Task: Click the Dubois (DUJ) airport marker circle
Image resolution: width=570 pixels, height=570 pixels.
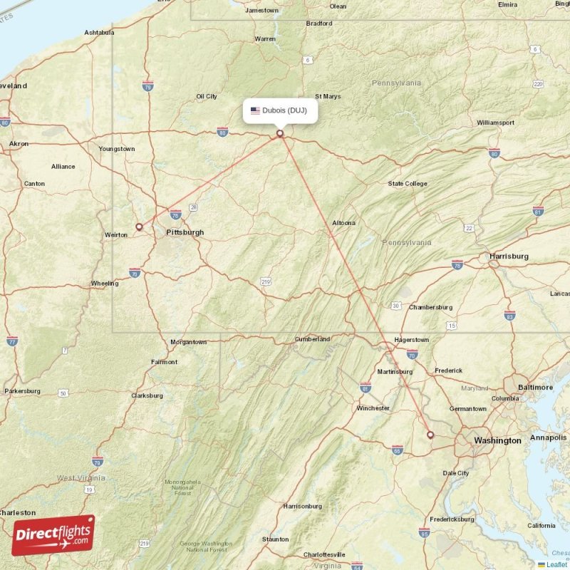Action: click(280, 133)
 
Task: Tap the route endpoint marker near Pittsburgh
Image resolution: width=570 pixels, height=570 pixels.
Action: click(139, 227)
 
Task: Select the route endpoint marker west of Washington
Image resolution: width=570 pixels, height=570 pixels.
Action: click(430, 435)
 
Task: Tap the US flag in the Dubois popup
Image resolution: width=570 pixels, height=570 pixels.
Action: click(255, 110)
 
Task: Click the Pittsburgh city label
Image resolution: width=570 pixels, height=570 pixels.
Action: click(185, 232)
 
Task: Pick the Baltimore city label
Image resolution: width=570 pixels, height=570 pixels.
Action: click(535, 387)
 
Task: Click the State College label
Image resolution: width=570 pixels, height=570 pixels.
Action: click(408, 184)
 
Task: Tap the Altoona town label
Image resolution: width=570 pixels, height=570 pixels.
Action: click(343, 223)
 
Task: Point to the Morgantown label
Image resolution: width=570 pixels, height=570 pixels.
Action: click(188, 342)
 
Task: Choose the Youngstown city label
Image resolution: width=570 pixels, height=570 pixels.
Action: click(117, 149)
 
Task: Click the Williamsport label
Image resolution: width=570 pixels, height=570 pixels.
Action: click(495, 123)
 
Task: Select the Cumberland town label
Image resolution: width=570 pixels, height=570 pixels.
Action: click(313, 339)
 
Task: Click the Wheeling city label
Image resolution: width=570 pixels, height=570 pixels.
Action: click(105, 284)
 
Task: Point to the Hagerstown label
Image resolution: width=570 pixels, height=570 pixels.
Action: click(411, 340)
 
